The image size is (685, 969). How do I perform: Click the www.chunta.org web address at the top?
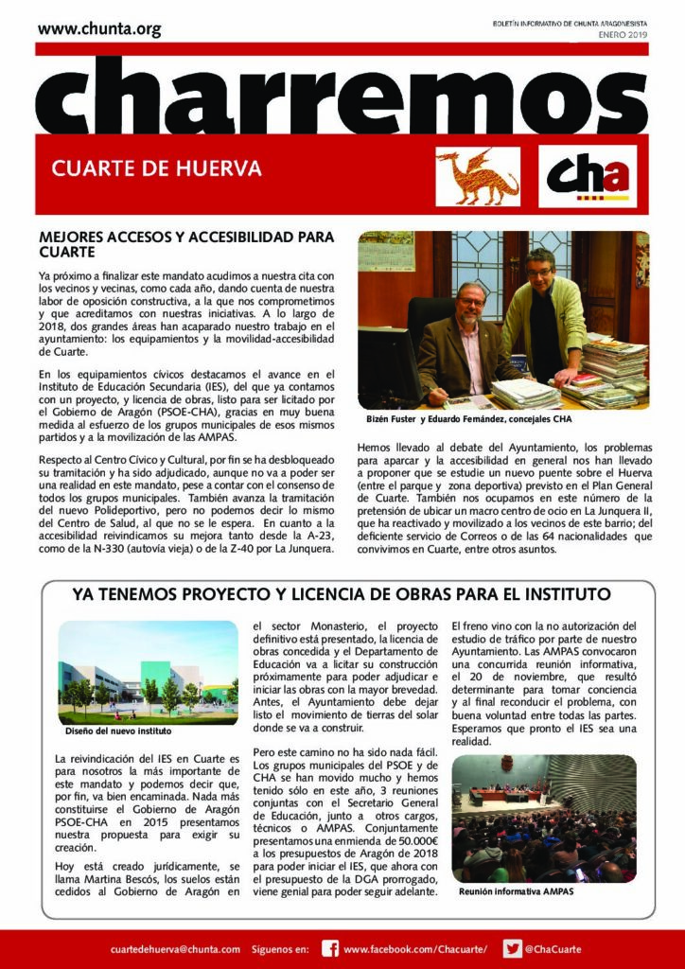click(x=99, y=29)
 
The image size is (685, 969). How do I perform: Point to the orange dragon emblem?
click(x=477, y=177)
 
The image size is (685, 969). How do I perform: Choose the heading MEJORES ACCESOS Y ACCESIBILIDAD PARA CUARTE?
click(x=180, y=245)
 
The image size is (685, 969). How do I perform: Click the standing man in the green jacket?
click(x=543, y=312)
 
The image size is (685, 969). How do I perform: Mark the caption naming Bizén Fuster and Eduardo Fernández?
click(x=469, y=418)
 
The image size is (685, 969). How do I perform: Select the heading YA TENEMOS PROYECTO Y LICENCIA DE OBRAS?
click(x=342, y=594)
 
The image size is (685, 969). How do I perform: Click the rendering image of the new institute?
click(x=148, y=673)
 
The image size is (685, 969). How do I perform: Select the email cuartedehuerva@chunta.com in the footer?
click(x=175, y=948)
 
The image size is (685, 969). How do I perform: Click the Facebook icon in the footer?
click(x=330, y=948)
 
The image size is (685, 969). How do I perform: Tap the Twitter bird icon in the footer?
click(x=512, y=948)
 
